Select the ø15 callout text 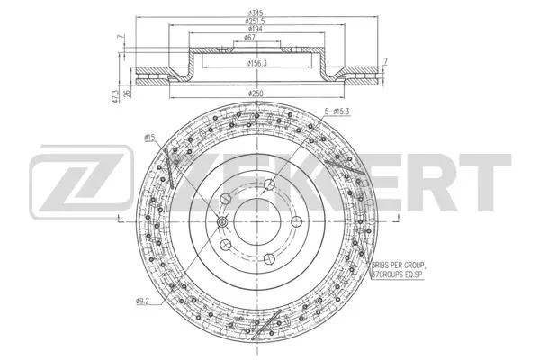(x=149, y=136)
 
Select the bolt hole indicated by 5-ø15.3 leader (x=269, y=185)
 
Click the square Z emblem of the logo (x=66, y=184)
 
